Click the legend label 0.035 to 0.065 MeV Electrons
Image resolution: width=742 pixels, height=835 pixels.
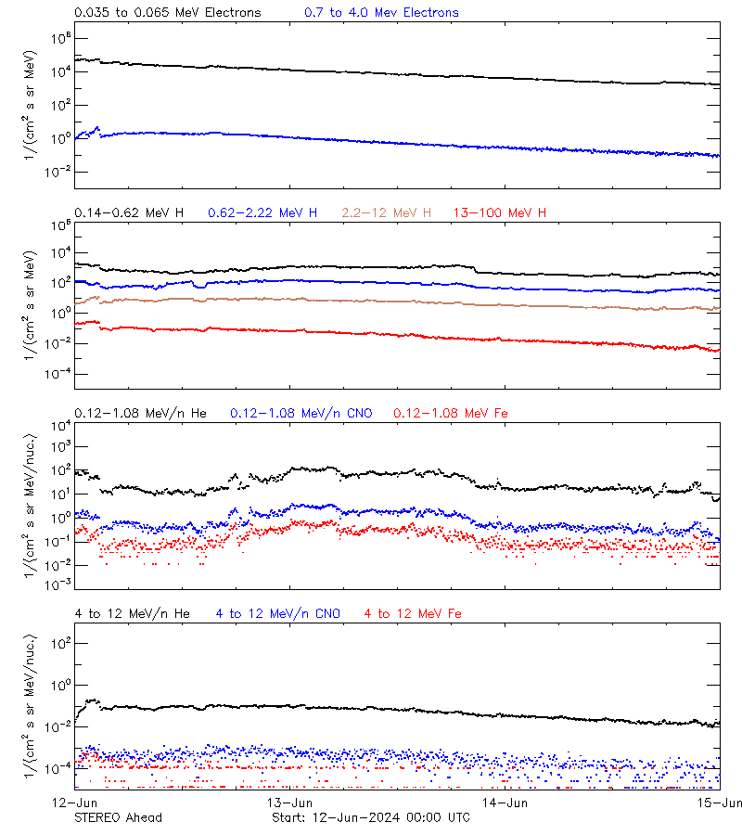point(168,13)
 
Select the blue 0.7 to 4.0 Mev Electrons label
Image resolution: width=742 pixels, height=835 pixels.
point(381,13)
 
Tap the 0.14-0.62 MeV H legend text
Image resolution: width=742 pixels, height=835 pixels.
point(129,213)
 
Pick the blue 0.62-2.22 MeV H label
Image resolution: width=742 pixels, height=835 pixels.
point(262,213)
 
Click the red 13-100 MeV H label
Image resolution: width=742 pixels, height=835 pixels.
point(500,213)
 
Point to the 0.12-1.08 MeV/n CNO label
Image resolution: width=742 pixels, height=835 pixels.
point(301,413)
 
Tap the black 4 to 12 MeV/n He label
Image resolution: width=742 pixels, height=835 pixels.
point(132,613)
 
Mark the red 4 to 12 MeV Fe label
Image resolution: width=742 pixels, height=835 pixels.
point(413,613)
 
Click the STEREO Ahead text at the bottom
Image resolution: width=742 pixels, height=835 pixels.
point(118,817)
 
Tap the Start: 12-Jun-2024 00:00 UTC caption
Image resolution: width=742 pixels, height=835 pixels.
point(370,817)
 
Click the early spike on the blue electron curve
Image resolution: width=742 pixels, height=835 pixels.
point(97,129)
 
